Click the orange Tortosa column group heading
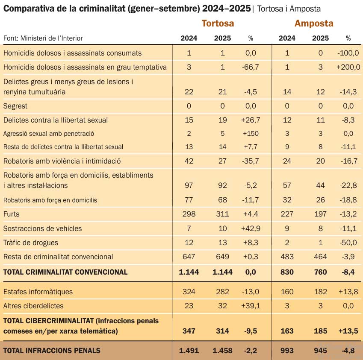click(x=218, y=23)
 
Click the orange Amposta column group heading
click(x=314, y=23)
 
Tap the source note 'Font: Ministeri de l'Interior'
click(x=43, y=38)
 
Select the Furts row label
click(x=12, y=214)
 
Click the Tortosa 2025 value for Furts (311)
click(x=222, y=214)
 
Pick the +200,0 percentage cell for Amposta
click(x=348, y=67)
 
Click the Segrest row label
click(x=15, y=106)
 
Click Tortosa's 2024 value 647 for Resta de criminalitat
click(x=189, y=257)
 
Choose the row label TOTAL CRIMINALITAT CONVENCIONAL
click(x=65, y=272)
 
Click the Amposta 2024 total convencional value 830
click(x=287, y=272)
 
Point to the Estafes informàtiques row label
click(x=38, y=292)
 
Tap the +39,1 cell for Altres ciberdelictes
click(x=251, y=306)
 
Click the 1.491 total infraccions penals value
click(x=189, y=351)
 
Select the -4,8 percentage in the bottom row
click(x=348, y=351)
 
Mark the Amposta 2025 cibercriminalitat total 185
click(x=320, y=331)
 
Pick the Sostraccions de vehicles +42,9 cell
click(x=251, y=228)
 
